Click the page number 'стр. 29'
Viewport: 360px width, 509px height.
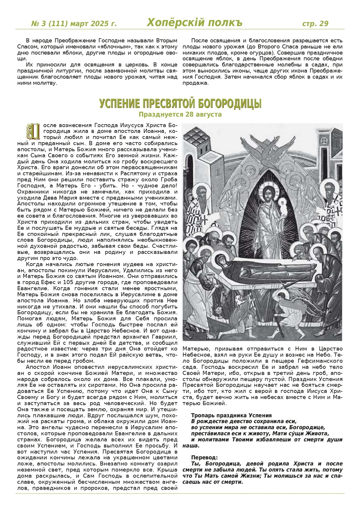tap(315, 23)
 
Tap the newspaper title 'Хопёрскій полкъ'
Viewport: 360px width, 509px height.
tap(194, 23)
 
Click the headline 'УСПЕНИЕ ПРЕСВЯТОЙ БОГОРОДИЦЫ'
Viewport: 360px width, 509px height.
tap(180, 104)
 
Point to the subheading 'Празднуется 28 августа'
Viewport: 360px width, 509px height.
tap(180, 114)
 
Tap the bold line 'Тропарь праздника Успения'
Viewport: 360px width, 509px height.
tap(231, 415)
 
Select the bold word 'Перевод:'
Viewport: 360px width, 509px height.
tap(205, 457)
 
